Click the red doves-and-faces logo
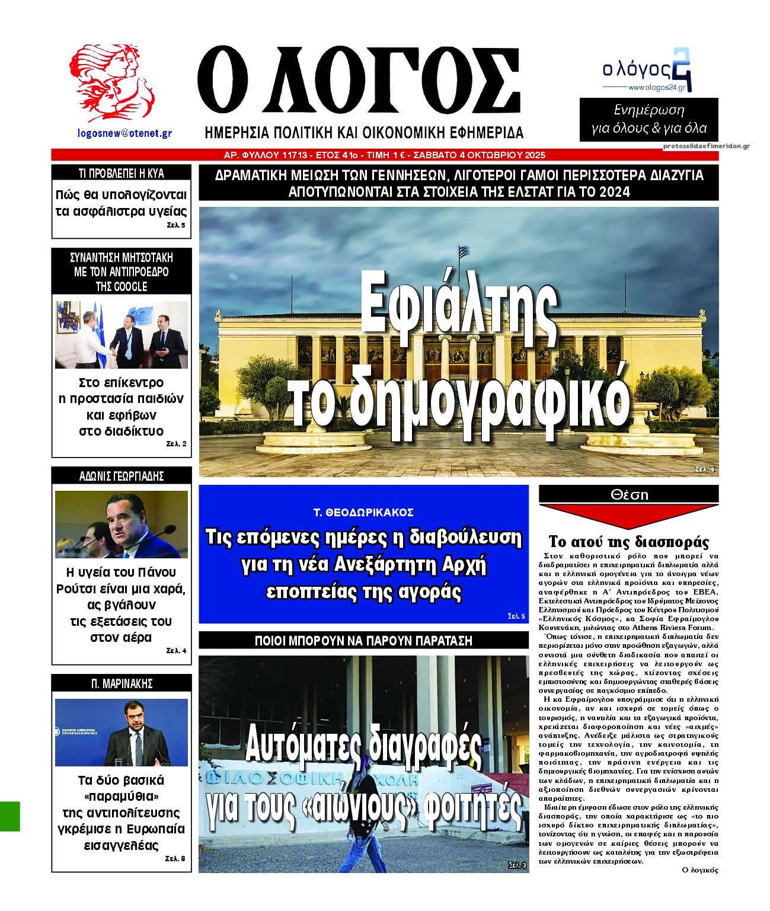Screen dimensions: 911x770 111,82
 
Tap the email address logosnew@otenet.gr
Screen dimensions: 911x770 124,133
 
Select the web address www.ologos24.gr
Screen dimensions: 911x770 656,88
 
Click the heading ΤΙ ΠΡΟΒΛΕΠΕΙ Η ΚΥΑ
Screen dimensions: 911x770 122,174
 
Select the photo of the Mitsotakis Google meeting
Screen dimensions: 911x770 122,335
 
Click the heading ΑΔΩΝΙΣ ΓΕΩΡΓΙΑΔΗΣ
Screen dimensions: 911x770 122,476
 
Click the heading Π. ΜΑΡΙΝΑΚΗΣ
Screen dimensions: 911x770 122,683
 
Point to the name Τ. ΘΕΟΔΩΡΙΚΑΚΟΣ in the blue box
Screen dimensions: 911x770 363,512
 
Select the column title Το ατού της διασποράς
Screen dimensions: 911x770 628,542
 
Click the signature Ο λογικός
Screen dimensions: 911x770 700,870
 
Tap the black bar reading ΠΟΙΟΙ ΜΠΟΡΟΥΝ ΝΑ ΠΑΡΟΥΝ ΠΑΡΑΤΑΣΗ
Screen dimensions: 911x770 363,641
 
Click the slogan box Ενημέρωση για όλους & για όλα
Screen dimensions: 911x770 649,119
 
